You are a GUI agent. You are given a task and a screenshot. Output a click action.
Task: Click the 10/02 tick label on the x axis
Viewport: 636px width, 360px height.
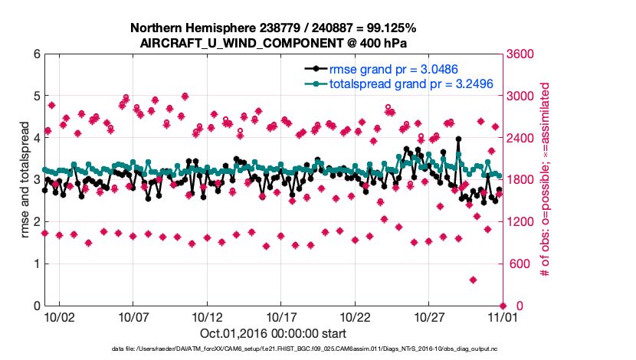tap(59, 316)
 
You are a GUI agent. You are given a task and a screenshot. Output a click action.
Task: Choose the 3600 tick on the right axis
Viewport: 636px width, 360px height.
tap(520, 54)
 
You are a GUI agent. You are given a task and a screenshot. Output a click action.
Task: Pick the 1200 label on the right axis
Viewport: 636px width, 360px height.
tap(520, 222)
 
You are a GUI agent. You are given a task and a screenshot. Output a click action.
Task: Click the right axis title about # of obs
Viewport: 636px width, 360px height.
tap(545, 180)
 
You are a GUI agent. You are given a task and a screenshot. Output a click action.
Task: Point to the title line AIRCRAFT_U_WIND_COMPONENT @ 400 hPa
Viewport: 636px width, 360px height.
tap(274, 43)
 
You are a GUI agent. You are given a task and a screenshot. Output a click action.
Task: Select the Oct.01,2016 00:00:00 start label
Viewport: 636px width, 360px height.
tap(274, 333)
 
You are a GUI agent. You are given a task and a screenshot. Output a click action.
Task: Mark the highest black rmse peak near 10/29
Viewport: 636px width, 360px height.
tap(458, 139)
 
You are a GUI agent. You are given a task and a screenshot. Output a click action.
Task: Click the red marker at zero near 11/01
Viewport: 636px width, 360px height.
tap(503, 306)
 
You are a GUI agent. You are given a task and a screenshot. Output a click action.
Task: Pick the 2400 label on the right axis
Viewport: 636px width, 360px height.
tap(520, 138)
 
